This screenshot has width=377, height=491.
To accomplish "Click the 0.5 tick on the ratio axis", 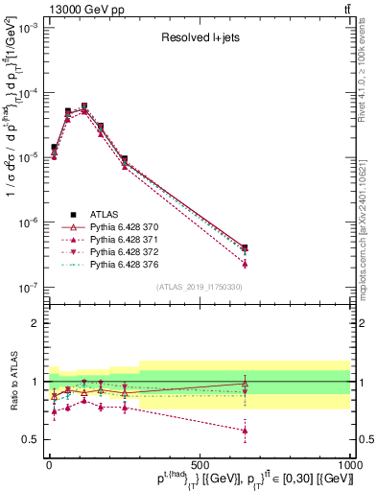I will (32, 439).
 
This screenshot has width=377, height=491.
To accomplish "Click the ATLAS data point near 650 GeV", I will (245, 248).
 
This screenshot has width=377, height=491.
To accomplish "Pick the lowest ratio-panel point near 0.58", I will (245, 430).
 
